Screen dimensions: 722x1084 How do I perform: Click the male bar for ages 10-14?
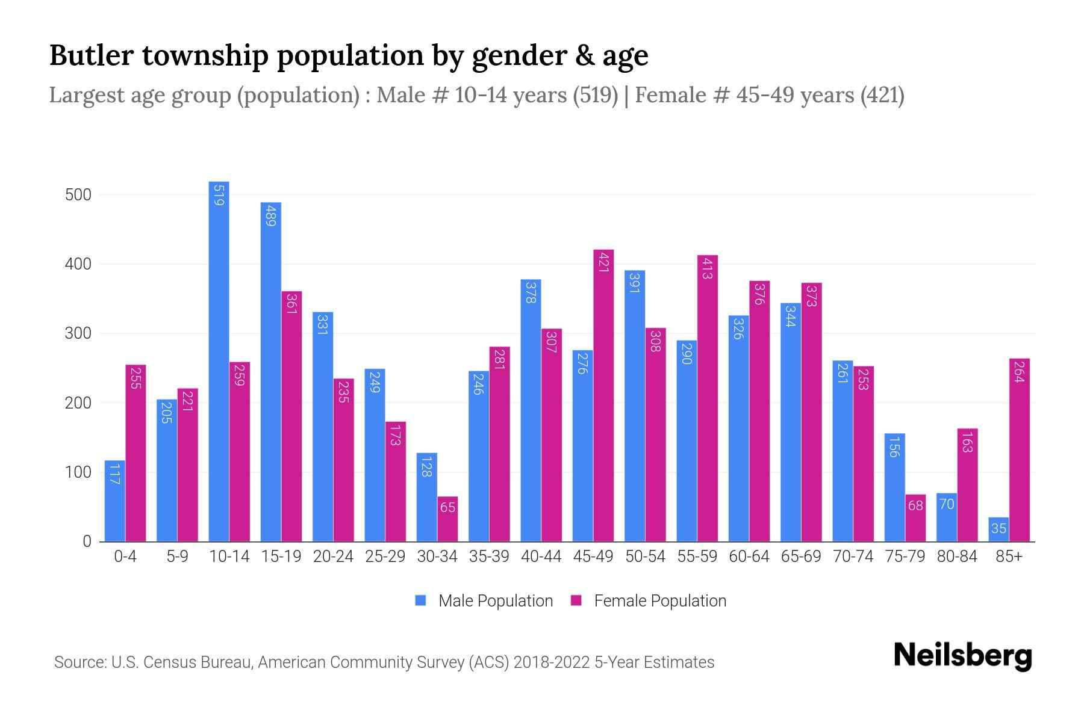coord(219,361)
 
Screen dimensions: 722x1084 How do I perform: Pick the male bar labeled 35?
coord(998,529)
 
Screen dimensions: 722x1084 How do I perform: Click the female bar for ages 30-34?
coord(447,519)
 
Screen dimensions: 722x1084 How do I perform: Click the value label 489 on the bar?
coord(270,215)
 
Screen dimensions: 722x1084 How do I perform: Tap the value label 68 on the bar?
coord(915,506)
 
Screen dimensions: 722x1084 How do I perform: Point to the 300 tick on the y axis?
coord(78,333)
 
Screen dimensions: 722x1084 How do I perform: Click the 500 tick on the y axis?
coord(78,195)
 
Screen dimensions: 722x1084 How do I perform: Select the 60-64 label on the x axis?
coord(749,557)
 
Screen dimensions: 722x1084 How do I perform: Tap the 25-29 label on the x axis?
coord(385,557)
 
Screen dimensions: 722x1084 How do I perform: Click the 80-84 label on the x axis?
coord(957,557)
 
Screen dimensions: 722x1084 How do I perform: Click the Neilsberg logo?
coord(962,655)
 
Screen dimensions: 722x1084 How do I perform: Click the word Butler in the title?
coord(90,55)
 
